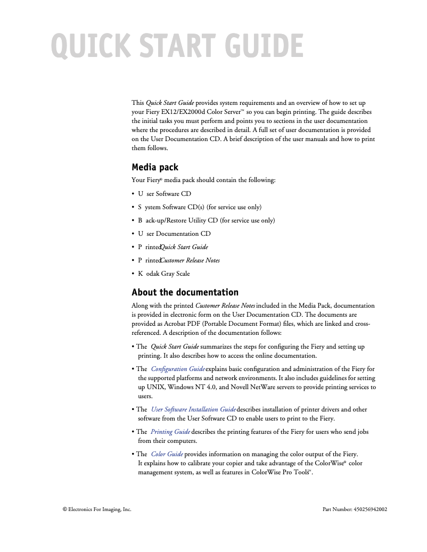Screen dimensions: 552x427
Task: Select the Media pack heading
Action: pyautogui.click(x=155, y=167)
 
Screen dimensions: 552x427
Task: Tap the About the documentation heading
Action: pyautogui.click(x=185, y=292)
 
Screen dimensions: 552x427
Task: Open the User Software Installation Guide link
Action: pyautogui.click(x=193, y=409)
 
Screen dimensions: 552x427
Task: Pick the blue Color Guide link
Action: pyautogui.click(x=167, y=454)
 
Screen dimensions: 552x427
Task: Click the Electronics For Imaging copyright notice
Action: pyautogui.click(x=97, y=509)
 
